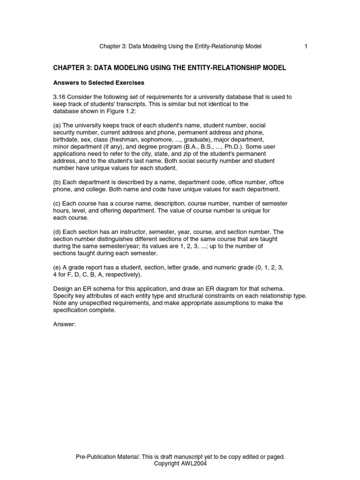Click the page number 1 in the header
coord(306,46)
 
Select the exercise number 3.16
coord(60,97)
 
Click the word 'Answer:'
coord(64,324)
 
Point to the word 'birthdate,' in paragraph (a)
coord(67,140)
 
